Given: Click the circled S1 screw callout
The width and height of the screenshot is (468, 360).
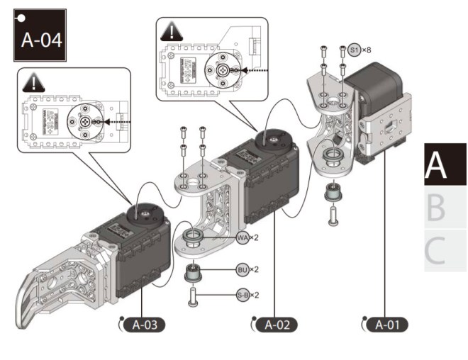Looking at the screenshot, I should pyautogui.click(x=355, y=50).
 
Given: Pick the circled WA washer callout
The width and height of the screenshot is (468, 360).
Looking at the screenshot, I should pyautogui.click(x=243, y=237).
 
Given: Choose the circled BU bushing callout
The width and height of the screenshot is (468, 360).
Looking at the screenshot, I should pyautogui.click(x=243, y=270).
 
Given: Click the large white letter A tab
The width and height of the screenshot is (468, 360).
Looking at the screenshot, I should pyautogui.click(x=445, y=164).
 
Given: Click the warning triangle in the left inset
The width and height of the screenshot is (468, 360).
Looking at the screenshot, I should pyautogui.click(x=33, y=83).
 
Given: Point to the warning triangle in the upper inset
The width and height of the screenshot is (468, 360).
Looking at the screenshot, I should pyautogui.click(x=171, y=33).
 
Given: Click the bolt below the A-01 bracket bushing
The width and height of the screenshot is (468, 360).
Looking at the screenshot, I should pyautogui.click(x=332, y=214).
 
